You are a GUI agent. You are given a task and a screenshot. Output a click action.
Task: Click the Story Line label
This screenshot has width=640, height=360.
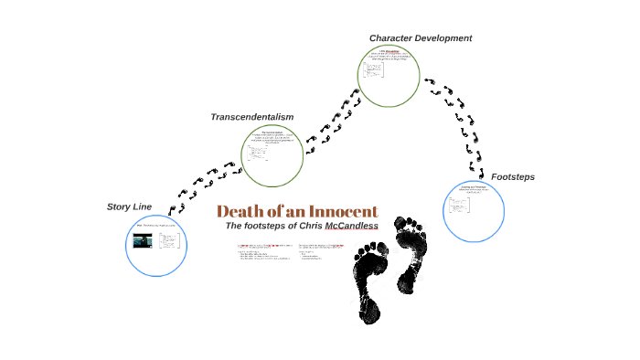tap(129, 206)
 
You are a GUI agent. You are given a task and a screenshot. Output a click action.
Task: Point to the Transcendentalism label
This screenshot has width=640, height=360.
tap(252, 117)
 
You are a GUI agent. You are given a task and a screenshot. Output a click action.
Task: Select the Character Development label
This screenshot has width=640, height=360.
tap(421, 38)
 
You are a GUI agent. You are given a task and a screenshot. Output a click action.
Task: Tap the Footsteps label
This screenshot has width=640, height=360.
tap(513, 176)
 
